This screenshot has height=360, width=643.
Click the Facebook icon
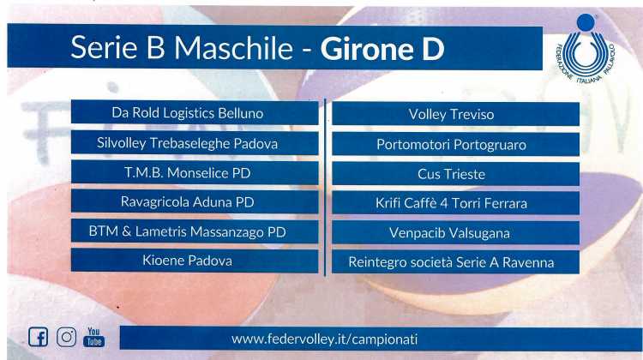[x=38, y=337]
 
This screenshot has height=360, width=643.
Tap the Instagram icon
[x=66, y=337]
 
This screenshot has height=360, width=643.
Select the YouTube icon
[x=94, y=337]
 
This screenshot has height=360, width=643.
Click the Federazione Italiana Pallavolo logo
[x=586, y=48]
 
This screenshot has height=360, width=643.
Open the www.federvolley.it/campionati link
[x=324, y=339]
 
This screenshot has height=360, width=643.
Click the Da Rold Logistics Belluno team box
[x=195, y=112]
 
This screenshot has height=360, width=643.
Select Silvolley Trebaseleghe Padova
[x=195, y=142]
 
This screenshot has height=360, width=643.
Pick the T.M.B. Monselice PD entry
[x=195, y=172]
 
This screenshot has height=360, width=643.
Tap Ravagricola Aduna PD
[x=195, y=201]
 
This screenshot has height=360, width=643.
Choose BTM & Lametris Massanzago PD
[x=195, y=231]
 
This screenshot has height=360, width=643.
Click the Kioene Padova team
[x=195, y=261]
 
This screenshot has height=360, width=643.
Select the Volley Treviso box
[x=455, y=114]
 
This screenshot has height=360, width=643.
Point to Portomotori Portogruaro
[x=455, y=144]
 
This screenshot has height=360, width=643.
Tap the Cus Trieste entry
[x=455, y=174]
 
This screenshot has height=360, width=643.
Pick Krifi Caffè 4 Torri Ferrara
[x=455, y=203]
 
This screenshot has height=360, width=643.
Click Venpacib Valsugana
[x=455, y=232]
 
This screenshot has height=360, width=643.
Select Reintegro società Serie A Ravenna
[x=455, y=262]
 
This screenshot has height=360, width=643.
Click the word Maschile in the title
[x=234, y=47]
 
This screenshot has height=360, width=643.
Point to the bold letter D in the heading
[x=434, y=49]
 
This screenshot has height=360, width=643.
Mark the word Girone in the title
[x=367, y=49]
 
